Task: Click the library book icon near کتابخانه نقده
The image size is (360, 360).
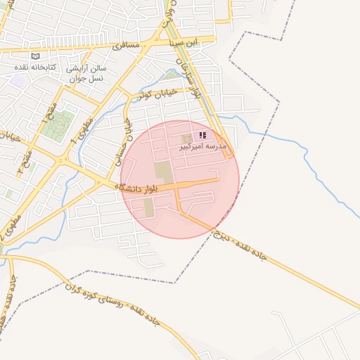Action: tap(36, 56)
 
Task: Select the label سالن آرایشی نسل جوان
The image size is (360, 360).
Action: tap(86, 74)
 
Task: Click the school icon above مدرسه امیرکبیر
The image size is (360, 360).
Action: tap(202, 135)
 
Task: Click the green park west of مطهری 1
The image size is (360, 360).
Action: tap(60, 124)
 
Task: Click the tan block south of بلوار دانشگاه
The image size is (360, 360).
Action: tap(148, 208)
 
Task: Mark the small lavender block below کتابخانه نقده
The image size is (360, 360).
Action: tap(19, 81)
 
